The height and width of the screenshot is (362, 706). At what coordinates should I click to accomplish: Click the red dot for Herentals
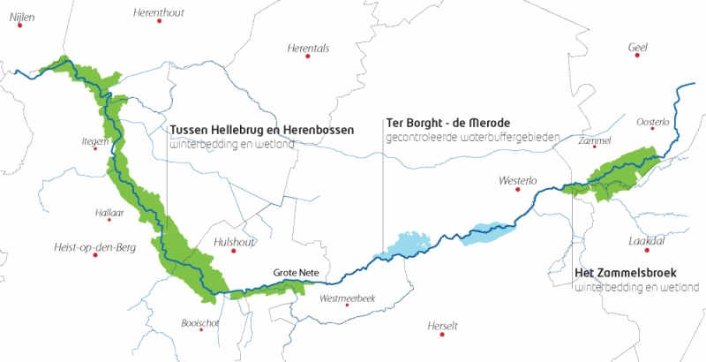pyautogui.click(x=308, y=57)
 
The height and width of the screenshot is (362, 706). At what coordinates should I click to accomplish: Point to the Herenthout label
pyautogui.click(x=159, y=12)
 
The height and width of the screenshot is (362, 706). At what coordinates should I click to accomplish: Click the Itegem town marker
pyautogui.click(x=95, y=148)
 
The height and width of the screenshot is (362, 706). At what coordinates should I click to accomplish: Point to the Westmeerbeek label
pyautogui.click(x=348, y=298)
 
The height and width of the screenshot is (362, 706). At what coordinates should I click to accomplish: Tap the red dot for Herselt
pyautogui.click(x=441, y=334)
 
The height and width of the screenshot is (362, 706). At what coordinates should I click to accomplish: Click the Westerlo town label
pyautogui.click(x=517, y=181)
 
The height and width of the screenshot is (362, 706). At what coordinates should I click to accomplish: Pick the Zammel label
pyautogui.click(x=596, y=141)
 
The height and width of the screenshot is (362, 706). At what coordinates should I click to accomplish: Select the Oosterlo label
pyautogui.click(x=652, y=122)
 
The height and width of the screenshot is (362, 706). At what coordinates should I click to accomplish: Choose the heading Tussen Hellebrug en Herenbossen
pyautogui.click(x=261, y=128)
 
